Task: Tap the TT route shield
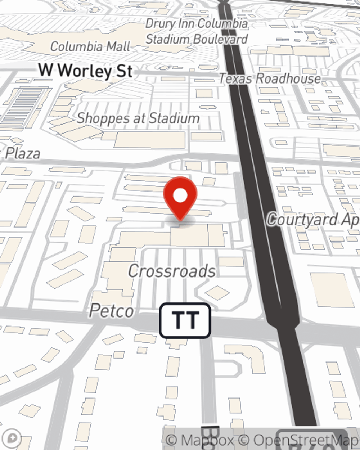(185, 320)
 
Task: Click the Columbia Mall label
(90, 46)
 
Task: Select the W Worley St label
(86, 71)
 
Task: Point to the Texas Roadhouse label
(270, 78)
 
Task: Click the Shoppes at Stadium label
(138, 118)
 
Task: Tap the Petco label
(112, 311)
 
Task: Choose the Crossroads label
(172, 271)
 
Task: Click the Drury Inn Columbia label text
(197, 24)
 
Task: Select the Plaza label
(22, 153)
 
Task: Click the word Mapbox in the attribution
(207, 440)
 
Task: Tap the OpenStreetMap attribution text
(306, 440)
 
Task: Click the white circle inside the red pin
(180, 195)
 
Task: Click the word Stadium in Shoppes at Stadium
(174, 118)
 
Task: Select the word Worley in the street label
(85, 71)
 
